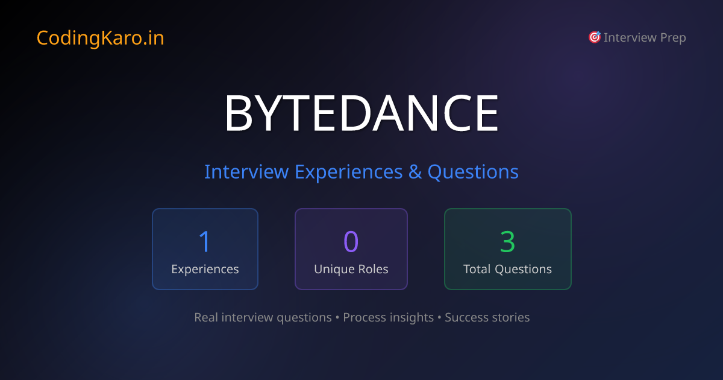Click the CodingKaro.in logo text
[100, 38]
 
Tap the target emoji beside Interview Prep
[594, 37]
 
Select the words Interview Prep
[645, 37]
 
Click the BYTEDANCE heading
[361, 114]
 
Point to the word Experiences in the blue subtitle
[348, 172]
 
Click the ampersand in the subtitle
[415, 172]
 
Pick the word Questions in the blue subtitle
[473, 172]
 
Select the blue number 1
[205, 241]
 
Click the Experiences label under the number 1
[205, 269]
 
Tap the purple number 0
[351, 241]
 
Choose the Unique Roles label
[351, 269]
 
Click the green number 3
[507, 241]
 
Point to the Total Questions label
[507, 269]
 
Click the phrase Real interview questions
[263, 317]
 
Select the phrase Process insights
[388, 317]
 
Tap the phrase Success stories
[487, 317]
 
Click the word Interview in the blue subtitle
[246, 172]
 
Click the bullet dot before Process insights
[337, 317]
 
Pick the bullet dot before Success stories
[439, 317]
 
